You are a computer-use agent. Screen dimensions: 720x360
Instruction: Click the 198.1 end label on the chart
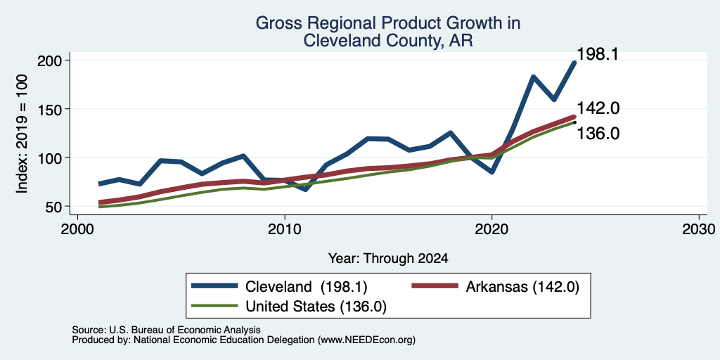[x=597, y=54]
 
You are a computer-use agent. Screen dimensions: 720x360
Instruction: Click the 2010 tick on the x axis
[x=285, y=229]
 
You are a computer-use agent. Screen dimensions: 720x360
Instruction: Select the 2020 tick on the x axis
[x=491, y=229]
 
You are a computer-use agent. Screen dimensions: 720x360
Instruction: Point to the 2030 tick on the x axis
[x=699, y=229]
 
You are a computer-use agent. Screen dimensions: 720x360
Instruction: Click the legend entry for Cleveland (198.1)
[x=279, y=287]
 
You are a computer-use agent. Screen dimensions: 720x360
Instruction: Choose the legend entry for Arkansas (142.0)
[x=496, y=287]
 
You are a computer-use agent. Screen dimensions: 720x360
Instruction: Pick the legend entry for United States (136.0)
[x=289, y=306]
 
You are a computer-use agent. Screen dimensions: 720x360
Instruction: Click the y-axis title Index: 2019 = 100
[x=22, y=134]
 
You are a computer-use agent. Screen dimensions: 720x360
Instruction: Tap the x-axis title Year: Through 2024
[x=388, y=259]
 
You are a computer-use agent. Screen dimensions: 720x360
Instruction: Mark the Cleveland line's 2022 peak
[x=533, y=77]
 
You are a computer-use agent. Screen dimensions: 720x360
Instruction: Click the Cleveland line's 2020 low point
[x=491, y=172]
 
